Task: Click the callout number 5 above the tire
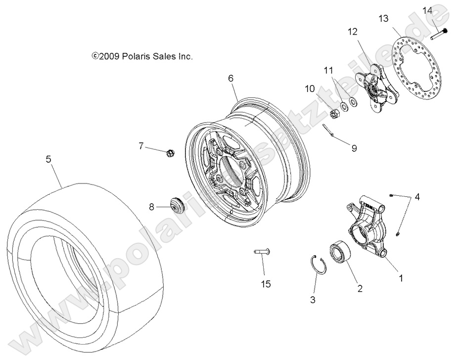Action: (48, 159)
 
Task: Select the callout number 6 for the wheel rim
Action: (230, 78)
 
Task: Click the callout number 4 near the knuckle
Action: (417, 198)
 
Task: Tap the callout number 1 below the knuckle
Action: (401, 278)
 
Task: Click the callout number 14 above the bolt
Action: (427, 10)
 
